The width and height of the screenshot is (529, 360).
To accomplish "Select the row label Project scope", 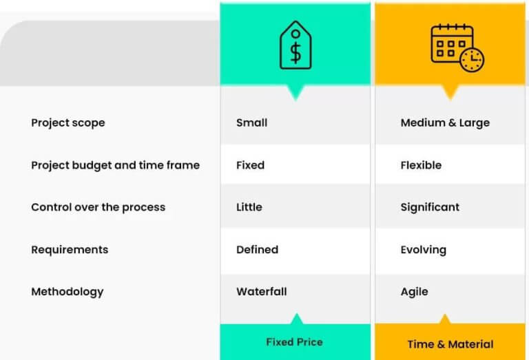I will click(x=68, y=123).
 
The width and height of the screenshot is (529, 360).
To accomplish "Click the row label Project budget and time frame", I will click(x=115, y=165).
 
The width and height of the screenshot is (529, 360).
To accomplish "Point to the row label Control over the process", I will click(x=98, y=207).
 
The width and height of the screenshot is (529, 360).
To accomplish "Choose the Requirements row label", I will click(x=70, y=250).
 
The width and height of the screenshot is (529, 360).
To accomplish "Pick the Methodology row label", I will click(x=67, y=292).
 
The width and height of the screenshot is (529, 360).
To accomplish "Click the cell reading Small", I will click(x=251, y=123).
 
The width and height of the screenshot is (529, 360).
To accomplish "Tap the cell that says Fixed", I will click(x=250, y=165).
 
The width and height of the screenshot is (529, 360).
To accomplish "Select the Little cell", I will click(x=249, y=207).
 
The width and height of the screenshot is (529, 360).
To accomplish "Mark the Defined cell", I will click(x=257, y=250).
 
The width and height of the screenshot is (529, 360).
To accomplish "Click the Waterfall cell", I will click(x=261, y=292).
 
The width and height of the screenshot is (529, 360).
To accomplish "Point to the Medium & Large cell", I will click(x=445, y=123).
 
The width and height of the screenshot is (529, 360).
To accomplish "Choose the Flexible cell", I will click(x=421, y=165).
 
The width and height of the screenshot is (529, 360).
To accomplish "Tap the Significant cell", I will click(x=430, y=207).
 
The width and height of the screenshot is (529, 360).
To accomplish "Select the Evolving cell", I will click(x=423, y=250).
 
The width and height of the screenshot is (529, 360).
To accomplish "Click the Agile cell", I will click(x=414, y=292).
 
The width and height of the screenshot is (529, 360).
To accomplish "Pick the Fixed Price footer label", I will click(x=294, y=341).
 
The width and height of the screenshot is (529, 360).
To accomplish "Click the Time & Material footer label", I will click(x=450, y=344).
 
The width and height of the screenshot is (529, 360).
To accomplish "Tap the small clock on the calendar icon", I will click(x=472, y=60).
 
